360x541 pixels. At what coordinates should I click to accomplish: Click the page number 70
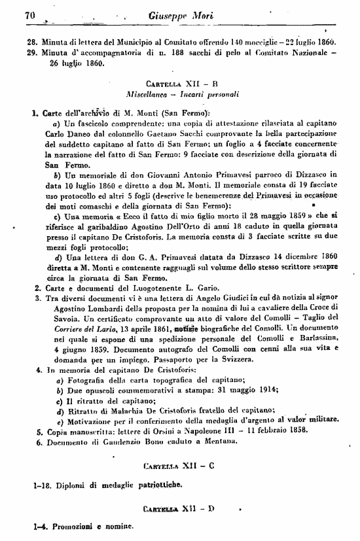29,15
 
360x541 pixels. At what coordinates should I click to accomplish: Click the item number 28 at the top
30,43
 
